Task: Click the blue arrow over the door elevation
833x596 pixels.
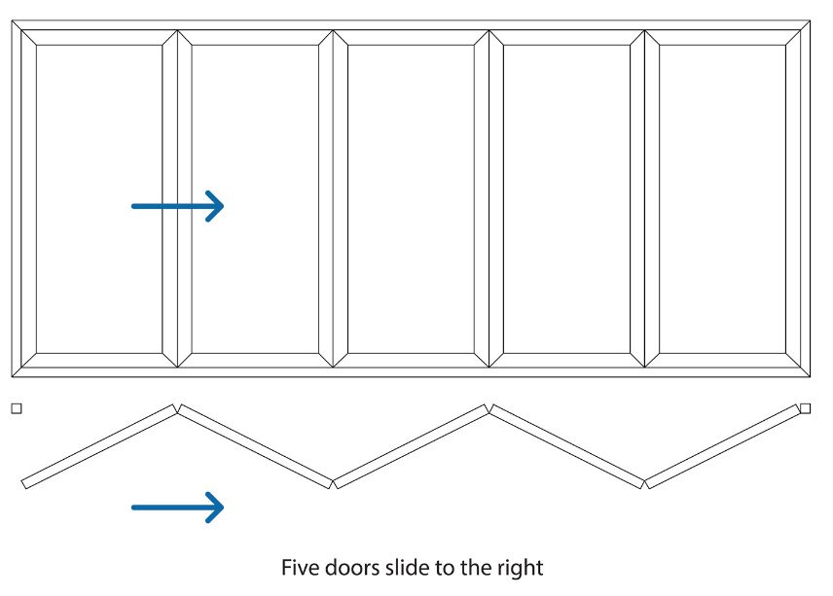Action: tap(178, 205)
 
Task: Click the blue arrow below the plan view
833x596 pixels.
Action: tap(178, 506)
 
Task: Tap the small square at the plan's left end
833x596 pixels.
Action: tap(16, 409)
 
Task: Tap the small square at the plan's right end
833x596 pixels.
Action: tap(806, 408)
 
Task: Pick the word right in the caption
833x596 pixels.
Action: tap(521, 567)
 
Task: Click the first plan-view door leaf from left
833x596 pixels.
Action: tap(98, 446)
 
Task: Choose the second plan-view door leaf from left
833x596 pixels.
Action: tap(255, 446)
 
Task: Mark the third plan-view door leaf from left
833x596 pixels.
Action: tap(411, 446)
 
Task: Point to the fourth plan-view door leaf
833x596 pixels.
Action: tap(566, 446)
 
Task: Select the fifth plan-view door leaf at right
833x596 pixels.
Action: tap(722, 446)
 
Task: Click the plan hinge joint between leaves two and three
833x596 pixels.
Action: tap(333, 483)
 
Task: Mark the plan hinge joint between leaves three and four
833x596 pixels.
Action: tap(489, 406)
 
